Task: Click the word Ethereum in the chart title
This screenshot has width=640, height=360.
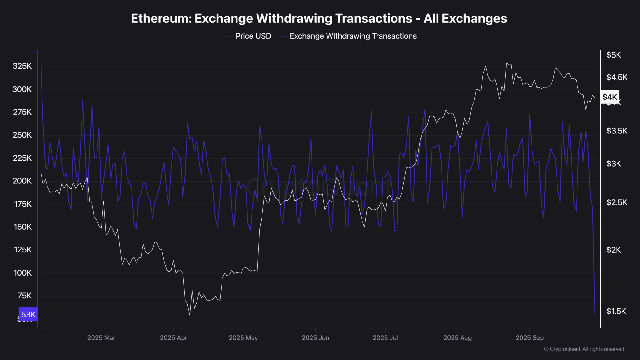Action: pyautogui.click(x=160, y=19)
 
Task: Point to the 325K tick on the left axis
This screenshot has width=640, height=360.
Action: pyautogui.click(x=22, y=66)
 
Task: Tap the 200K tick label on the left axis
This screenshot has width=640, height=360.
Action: pyautogui.click(x=22, y=181)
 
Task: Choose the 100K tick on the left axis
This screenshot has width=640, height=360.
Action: pyautogui.click(x=22, y=273)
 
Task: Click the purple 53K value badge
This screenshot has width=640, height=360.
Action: pyautogui.click(x=28, y=314)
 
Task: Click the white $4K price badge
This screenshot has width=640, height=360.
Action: pyautogui.click(x=610, y=97)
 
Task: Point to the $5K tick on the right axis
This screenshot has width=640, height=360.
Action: pyautogui.click(x=613, y=55)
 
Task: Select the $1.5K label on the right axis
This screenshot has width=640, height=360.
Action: pyautogui.click(x=616, y=311)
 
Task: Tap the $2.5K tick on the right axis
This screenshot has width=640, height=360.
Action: pyautogui.click(x=617, y=202)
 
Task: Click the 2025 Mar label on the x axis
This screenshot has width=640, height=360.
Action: pyautogui.click(x=101, y=338)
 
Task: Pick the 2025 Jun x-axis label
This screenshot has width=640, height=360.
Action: pyautogui.click(x=315, y=338)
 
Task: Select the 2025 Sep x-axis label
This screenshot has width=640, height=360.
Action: pyautogui.click(x=529, y=338)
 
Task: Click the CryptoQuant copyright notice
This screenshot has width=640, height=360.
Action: pyautogui.click(x=584, y=349)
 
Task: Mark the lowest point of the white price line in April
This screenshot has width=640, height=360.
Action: pyautogui.click(x=190, y=315)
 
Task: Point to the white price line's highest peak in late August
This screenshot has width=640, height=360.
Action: pyautogui.click(x=507, y=63)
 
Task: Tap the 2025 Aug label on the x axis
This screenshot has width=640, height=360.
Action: pyautogui.click(x=457, y=338)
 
